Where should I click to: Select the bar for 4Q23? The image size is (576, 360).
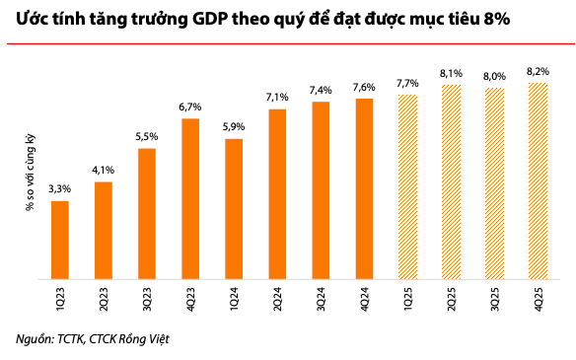pyautogui.click(x=190, y=198)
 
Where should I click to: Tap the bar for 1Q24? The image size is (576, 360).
pyautogui.click(x=234, y=209)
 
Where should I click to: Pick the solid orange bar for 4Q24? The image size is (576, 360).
pyautogui.click(x=364, y=188)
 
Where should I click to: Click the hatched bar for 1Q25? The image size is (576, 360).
pyautogui.click(x=407, y=186)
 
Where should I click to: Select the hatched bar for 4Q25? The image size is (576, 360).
pyautogui.click(x=538, y=180)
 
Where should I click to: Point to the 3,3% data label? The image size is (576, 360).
pyautogui.click(x=59, y=189)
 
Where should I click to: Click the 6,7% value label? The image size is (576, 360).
pyautogui.click(x=190, y=107)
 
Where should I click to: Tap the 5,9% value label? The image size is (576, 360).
pyautogui.click(x=234, y=127)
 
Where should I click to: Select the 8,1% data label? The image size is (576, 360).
pyautogui.click(x=451, y=72)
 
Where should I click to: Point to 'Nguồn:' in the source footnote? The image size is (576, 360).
pyautogui.click(x=36, y=339)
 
